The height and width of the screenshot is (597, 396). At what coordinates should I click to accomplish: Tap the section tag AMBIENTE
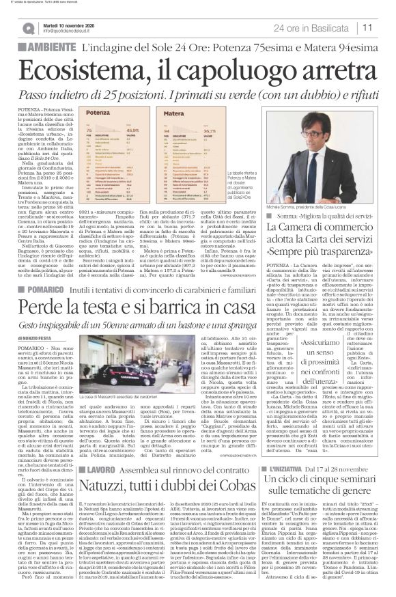tap(34, 48)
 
